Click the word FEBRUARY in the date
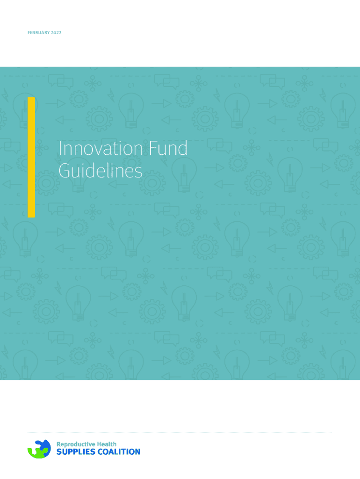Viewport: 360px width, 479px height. coord(38,33)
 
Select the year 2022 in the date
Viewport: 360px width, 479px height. coord(56,33)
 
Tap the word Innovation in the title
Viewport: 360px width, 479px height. coord(101,148)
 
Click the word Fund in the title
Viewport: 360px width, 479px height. coord(168,148)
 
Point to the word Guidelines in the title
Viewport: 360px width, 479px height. coord(101,171)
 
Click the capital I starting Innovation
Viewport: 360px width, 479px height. coord(60,148)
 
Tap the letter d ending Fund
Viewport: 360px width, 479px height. coord(183,148)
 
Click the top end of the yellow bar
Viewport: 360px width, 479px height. coord(31,98)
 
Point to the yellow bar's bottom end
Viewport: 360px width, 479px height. coord(31,217)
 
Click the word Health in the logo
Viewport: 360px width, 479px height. coord(107,444)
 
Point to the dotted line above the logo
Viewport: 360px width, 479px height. coord(180,432)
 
